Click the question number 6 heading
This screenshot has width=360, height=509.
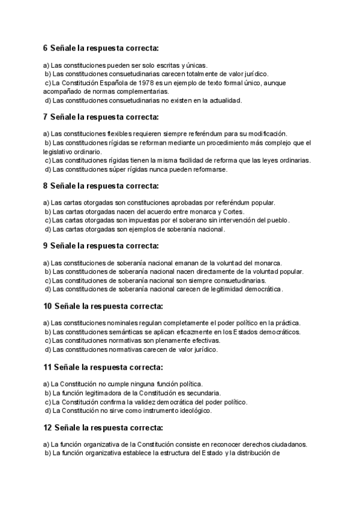click(46, 47)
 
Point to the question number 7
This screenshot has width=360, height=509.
click(46, 116)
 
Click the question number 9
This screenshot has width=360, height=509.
click(46, 245)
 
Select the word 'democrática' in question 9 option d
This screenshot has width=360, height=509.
click(259, 289)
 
